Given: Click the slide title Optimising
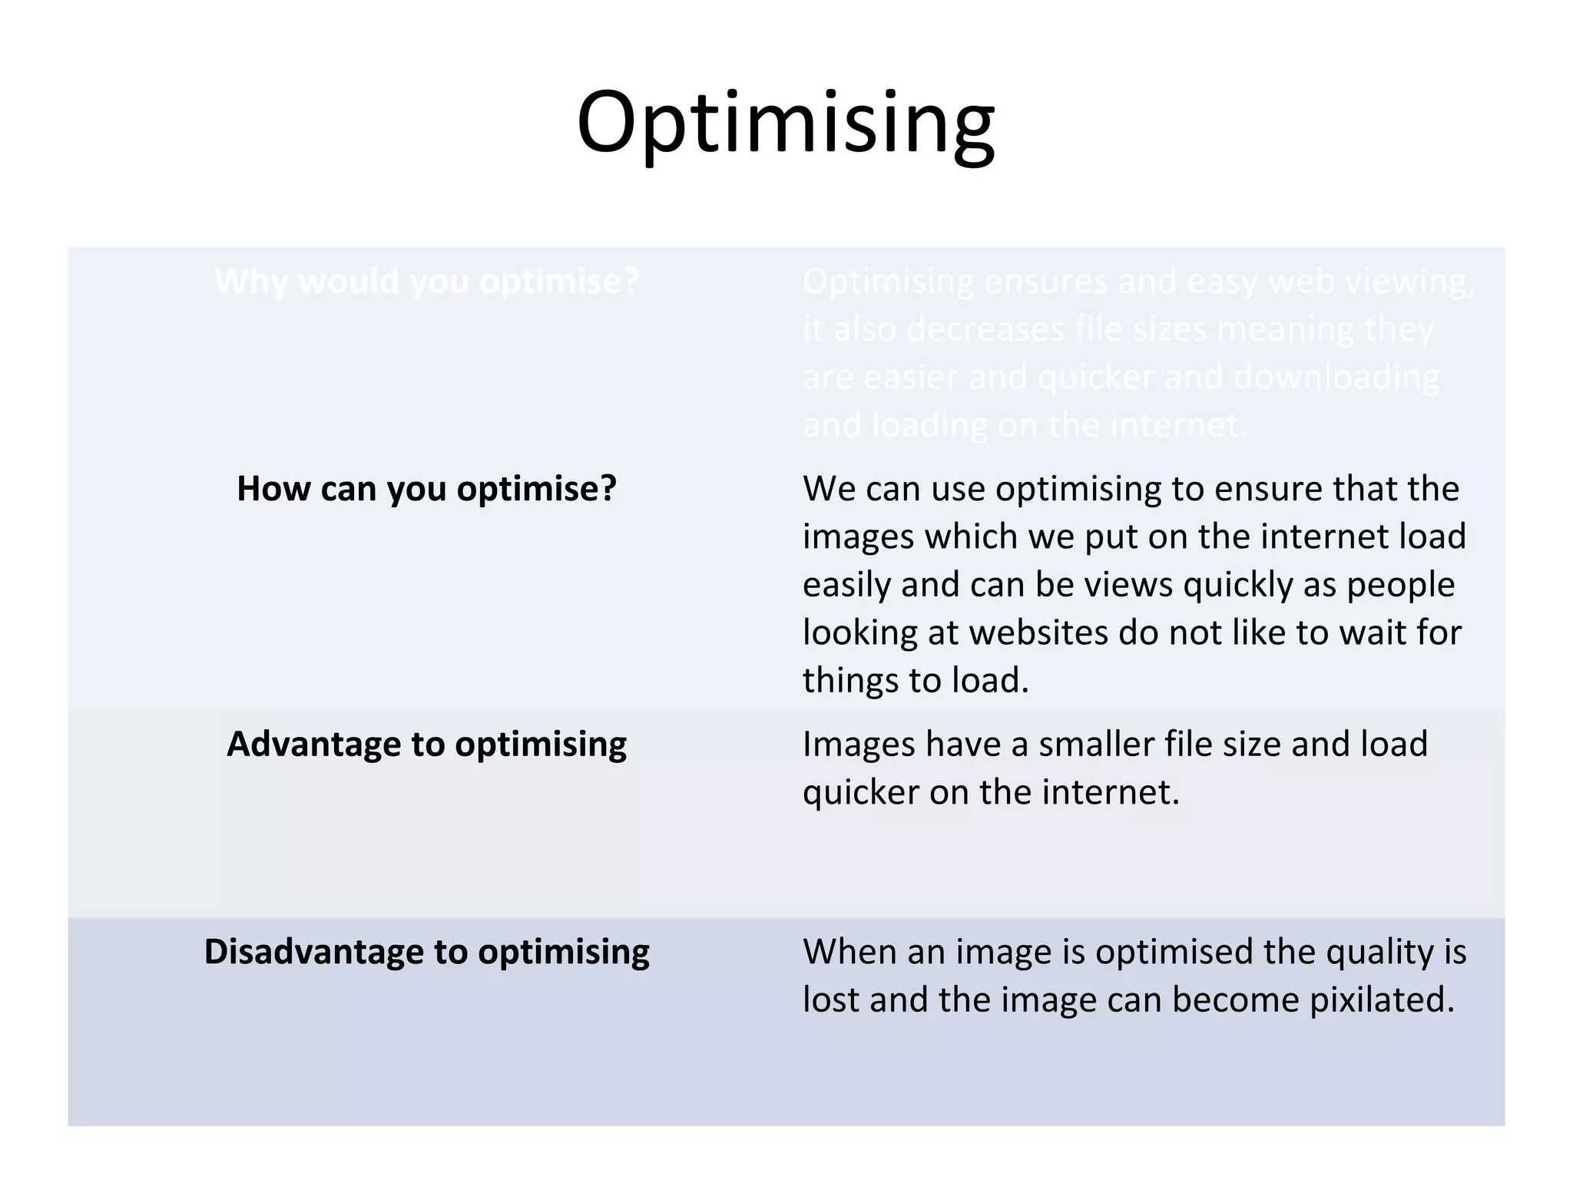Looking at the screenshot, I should (x=786, y=123).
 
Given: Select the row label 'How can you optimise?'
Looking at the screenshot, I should (x=426, y=488).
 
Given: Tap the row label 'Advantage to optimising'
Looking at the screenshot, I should (x=426, y=744).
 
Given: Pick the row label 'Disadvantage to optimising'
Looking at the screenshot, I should (x=426, y=952).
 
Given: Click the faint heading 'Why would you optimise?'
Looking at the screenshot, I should (x=426, y=281).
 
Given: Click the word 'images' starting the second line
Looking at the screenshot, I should (x=858, y=537).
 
